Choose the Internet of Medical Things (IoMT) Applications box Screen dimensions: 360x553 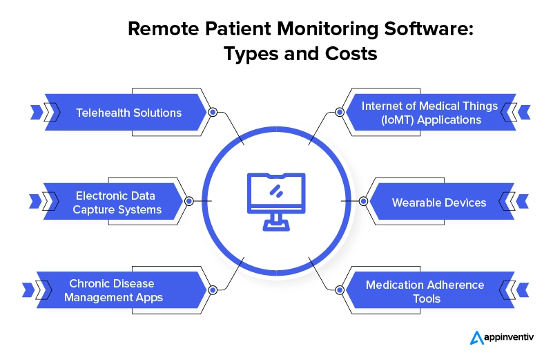coord(429,113)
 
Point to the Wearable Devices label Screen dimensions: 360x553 coord(439,202)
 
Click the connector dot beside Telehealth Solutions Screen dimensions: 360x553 coord(213,112)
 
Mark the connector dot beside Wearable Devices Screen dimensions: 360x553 coord(363,202)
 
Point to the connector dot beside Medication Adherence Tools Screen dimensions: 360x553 coord(339,290)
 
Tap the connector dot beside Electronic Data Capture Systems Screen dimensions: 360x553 coord(188,202)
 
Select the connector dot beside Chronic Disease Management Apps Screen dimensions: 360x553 coord(213,290)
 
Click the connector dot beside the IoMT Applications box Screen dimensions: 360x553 coord(339,112)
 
